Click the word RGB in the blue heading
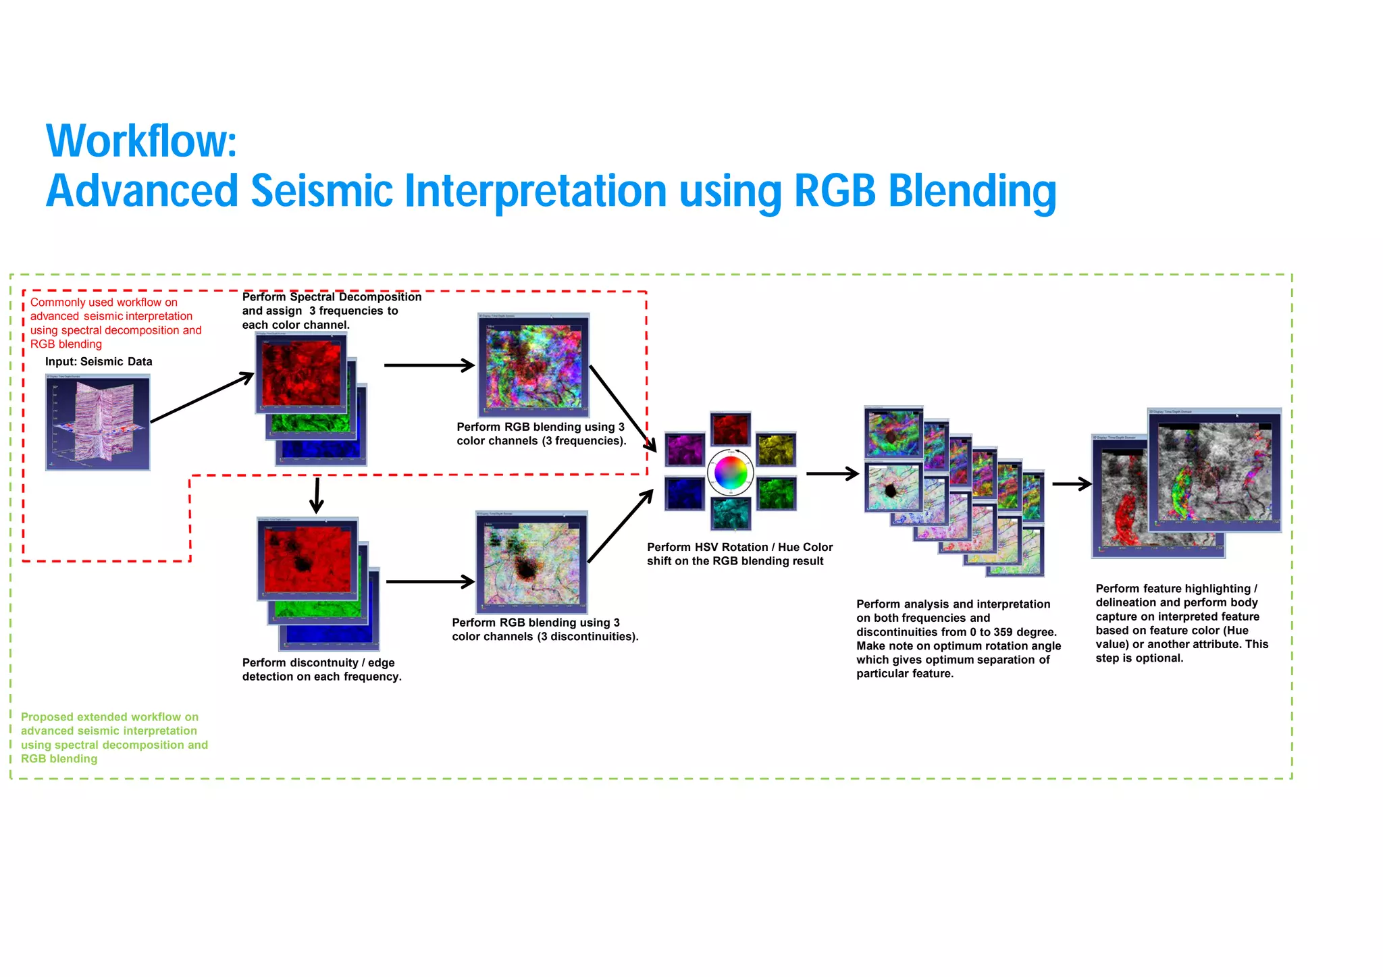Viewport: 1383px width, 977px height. [x=835, y=190]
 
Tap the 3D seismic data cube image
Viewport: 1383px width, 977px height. [x=98, y=423]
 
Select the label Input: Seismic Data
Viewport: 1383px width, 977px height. [x=99, y=362]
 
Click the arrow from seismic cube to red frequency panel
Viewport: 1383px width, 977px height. [x=201, y=398]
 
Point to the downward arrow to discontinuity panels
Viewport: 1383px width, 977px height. [x=316, y=496]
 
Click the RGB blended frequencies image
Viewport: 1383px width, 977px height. [x=533, y=365]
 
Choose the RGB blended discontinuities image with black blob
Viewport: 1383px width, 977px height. [x=531, y=562]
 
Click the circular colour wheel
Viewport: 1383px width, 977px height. [x=730, y=473]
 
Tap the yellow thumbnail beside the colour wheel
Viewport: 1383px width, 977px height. [x=776, y=450]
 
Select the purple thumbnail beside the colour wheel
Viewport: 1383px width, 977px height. [x=685, y=450]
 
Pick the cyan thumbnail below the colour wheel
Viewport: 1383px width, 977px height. [x=731, y=513]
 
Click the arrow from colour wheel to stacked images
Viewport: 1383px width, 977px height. [x=832, y=474]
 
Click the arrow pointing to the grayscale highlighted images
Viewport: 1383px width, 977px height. [x=1072, y=483]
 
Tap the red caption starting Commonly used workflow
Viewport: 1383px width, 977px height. [x=115, y=323]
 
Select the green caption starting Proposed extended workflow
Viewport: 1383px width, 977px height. [x=114, y=737]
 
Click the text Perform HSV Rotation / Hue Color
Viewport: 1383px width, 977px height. [x=739, y=547]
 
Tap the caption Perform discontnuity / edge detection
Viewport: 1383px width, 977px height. [x=321, y=670]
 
